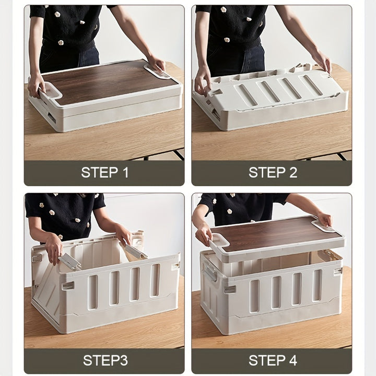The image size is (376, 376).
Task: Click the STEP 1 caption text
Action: pos(104,172)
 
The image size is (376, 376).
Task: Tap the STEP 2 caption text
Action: pos(273,172)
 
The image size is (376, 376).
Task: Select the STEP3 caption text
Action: pos(105,360)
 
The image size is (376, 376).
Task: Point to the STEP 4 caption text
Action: pos(273,360)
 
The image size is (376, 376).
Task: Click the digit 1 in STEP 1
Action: pos(125,172)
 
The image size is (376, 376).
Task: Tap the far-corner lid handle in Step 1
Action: pos(158,72)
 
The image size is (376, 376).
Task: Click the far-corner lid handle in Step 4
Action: pos(323,226)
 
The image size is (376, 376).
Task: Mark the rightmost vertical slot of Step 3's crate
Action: pos(155,280)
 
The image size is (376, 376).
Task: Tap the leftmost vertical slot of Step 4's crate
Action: pos(254,296)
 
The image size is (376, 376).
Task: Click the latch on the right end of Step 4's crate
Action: pos(337,271)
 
